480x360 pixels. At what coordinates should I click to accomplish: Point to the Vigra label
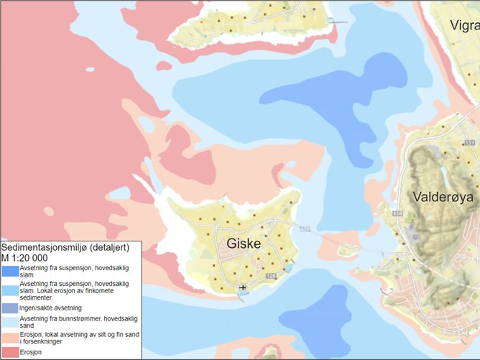pyautogui.click(x=464, y=26)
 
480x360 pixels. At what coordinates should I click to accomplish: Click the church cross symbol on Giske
pyautogui.click(x=242, y=287)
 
